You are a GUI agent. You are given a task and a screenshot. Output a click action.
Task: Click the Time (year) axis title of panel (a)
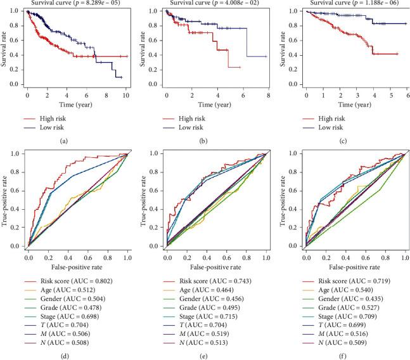(x=77, y=103)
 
